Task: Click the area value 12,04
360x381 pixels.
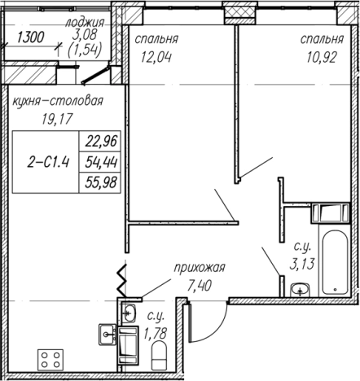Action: [x=156, y=57]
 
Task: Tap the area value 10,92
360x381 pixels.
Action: [x=322, y=57]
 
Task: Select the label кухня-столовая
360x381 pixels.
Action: [x=58, y=102]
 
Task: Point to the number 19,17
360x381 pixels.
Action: [x=57, y=119]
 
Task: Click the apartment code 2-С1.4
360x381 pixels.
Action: [x=48, y=163]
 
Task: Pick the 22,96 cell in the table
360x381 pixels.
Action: [x=100, y=141]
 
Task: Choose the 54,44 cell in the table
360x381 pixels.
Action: [x=100, y=162]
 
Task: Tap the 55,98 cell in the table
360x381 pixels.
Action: [x=100, y=182]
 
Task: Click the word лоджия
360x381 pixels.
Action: [x=85, y=23]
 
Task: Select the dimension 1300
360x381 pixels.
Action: [x=30, y=37]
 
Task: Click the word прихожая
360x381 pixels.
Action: [x=200, y=268]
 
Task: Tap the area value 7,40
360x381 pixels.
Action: [x=199, y=285]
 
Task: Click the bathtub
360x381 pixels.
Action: [x=335, y=262]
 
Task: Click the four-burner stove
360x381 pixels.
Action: [x=50, y=360]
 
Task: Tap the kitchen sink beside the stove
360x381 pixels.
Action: [x=108, y=334]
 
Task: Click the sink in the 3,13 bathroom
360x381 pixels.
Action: [x=300, y=290]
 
